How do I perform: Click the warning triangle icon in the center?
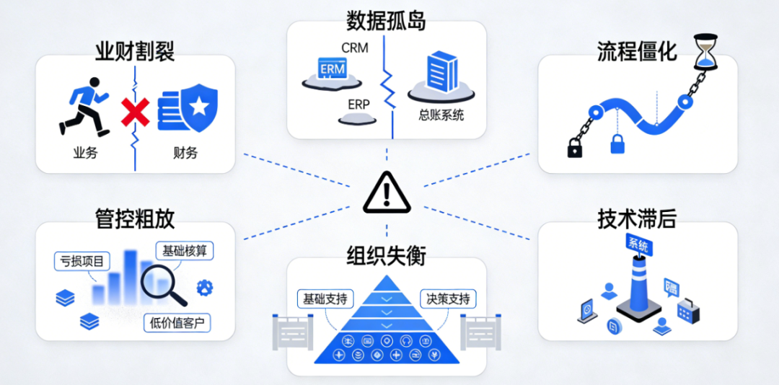[x=387, y=192]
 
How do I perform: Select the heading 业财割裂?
[x=135, y=51]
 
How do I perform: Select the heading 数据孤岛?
[x=386, y=21]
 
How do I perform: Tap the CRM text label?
[x=354, y=49]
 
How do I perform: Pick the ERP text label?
[x=358, y=105]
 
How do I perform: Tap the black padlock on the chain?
[x=575, y=148]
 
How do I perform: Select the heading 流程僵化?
[x=637, y=51]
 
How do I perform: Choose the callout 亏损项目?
[x=79, y=261]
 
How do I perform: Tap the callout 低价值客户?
[x=177, y=322]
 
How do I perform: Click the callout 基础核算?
[x=185, y=251]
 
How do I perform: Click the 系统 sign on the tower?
[x=638, y=245]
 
